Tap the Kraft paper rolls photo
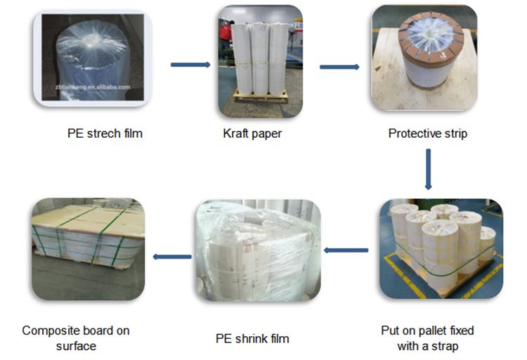pos(258,60)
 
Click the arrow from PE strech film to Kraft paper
pos(190,65)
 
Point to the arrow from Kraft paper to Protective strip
pos(339,67)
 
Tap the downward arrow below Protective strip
pos(428,169)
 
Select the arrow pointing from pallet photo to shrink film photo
pos(346,250)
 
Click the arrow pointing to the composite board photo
pos(172,257)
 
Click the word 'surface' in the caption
pos(76,346)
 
